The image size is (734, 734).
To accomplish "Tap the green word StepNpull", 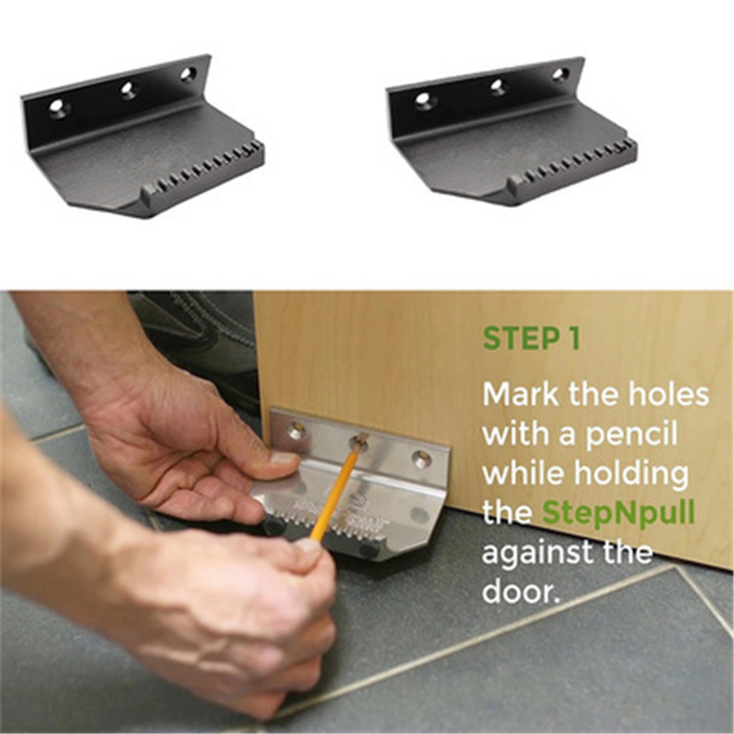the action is tap(618, 513).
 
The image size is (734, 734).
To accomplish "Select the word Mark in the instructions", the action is tap(520, 395).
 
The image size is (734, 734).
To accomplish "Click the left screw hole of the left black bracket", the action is tap(57, 107).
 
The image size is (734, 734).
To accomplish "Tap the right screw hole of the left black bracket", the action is tap(187, 74).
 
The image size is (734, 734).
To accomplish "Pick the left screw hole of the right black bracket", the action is tap(423, 100).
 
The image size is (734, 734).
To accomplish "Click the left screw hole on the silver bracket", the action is tap(295, 430).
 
